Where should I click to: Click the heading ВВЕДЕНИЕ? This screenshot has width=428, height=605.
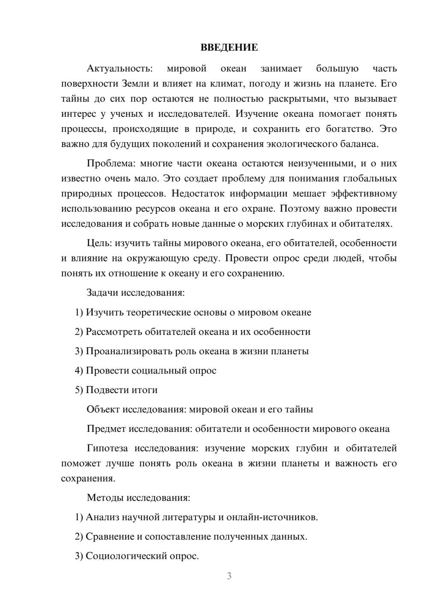229,47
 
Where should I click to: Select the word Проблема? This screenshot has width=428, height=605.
109,163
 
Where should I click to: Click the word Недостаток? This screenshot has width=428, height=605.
198,193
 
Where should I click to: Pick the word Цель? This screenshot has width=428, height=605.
99,243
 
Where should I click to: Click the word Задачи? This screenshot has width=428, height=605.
102,293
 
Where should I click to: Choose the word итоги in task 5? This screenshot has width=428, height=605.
144,390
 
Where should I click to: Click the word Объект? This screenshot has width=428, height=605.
103,409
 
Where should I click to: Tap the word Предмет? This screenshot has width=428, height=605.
106,429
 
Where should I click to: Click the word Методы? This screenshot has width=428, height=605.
103,498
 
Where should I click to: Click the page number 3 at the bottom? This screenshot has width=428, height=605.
229,576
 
